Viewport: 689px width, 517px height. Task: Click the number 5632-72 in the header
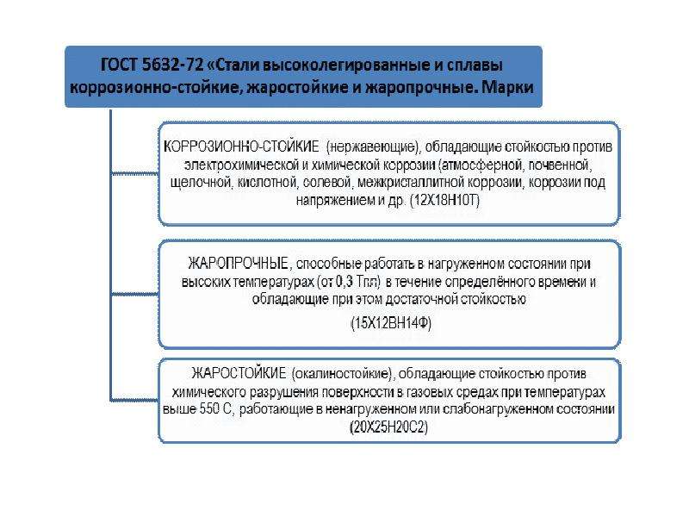tap(173, 65)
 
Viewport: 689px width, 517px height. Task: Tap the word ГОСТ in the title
tap(120, 65)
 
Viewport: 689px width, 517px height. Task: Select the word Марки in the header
tap(507, 87)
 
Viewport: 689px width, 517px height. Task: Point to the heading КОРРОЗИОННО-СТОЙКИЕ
tap(241, 146)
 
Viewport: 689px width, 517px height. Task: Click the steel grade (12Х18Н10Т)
tap(444, 201)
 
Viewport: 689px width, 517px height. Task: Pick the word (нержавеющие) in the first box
tap(374, 146)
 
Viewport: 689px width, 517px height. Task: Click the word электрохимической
tap(242, 165)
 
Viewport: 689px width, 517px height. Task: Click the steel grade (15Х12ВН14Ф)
tap(391, 323)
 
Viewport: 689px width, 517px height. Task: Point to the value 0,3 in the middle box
tap(345, 281)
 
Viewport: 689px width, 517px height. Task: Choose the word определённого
tap(476, 282)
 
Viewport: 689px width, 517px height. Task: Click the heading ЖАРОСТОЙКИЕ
tap(239, 373)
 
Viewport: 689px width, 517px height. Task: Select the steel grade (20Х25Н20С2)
tap(389, 427)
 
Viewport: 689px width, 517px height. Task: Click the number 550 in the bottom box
tap(209, 408)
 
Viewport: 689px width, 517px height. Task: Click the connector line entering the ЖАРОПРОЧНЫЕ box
tap(134, 294)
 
